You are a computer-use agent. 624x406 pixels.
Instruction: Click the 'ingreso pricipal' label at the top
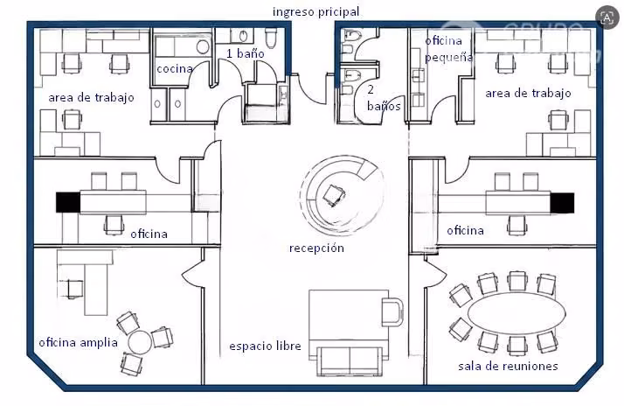[x=316, y=12]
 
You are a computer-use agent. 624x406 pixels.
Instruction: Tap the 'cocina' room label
[x=175, y=68]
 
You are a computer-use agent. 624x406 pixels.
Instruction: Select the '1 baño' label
[x=245, y=53]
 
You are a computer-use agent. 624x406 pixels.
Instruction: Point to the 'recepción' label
[x=316, y=248]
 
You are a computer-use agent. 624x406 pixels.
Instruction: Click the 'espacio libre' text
[x=265, y=346]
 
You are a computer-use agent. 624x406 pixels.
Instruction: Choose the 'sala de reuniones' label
[x=508, y=366]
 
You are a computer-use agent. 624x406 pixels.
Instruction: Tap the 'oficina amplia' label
[x=78, y=342]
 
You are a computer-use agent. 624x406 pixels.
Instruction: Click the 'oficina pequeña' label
[x=448, y=49]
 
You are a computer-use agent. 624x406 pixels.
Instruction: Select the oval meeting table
[x=517, y=313]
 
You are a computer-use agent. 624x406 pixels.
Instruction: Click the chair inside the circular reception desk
[x=334, y=195]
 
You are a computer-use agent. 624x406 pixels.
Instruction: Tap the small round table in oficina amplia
[x=140, y=342]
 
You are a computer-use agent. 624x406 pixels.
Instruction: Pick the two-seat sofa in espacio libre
[x=350, y=360]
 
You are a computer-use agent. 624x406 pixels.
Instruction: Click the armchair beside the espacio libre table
[x=392, y=311]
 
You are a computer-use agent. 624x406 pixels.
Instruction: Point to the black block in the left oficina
[x=68, y=202]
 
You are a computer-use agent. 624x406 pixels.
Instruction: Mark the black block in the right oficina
[x=562, y=203]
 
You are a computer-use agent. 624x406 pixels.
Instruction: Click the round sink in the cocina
[x=203, y=46]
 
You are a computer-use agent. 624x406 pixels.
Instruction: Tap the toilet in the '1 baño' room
[x=271, y=38]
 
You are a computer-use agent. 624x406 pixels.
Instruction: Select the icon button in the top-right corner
[x=607, y=17]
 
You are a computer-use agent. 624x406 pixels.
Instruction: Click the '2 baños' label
[x=384, y=98]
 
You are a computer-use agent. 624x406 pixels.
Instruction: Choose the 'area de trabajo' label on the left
[x=91, y=98]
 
